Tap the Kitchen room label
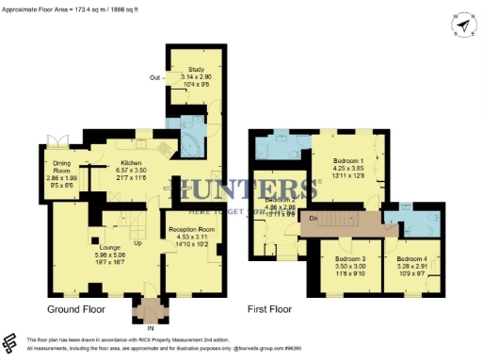(x=131, y=163)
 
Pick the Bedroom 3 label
(x=349, y=258)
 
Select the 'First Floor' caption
(x=270, y=308)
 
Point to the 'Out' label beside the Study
(x=154, y=77)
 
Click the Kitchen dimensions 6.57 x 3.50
(x=131, y=171)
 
